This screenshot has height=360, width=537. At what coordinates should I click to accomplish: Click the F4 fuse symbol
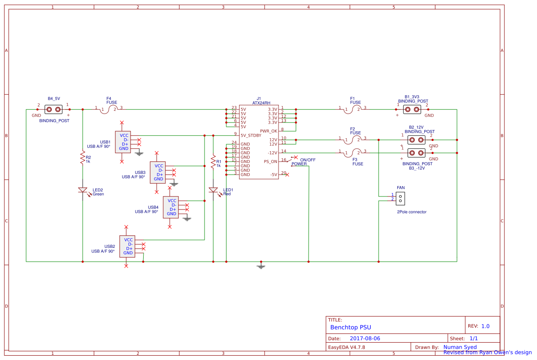112,109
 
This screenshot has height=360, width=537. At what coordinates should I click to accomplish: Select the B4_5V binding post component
54,109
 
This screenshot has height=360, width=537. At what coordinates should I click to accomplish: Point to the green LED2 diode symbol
82,190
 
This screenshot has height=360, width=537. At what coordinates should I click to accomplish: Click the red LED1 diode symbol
213,190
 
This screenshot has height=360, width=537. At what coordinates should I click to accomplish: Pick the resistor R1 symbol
213,162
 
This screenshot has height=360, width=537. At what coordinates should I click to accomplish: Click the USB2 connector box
127,246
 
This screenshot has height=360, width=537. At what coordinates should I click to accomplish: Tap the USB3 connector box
158,172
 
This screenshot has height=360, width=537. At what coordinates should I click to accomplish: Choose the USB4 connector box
171,207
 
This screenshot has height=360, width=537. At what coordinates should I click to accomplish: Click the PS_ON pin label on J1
270,161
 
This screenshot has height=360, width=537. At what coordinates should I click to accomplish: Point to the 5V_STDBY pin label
251,135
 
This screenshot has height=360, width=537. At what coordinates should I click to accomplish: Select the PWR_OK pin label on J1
268,131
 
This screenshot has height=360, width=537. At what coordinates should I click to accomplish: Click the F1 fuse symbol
356,109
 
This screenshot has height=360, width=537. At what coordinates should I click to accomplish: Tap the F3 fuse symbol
356,152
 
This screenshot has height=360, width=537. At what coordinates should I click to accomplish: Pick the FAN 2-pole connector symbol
400,198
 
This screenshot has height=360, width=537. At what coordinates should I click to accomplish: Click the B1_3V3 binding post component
412,109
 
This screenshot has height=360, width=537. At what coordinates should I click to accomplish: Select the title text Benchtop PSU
350,327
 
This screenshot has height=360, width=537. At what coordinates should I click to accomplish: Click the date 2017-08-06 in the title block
365,338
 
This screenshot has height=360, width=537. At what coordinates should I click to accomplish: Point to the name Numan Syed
460,347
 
